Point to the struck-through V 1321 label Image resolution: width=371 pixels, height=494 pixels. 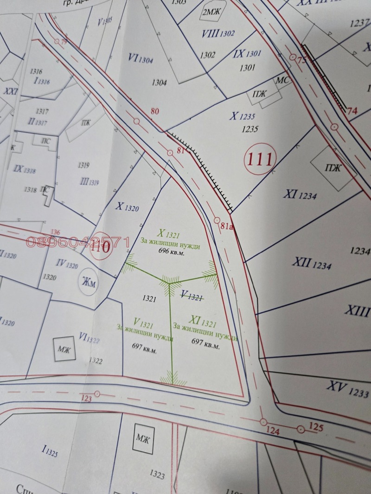(192, 295)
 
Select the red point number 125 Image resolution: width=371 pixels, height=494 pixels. (315, 427)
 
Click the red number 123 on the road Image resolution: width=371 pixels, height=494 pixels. (86, 398)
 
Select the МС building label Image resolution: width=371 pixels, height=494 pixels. (282, 81)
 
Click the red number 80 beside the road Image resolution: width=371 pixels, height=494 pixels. (154, 111)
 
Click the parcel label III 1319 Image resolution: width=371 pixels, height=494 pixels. (90, 182)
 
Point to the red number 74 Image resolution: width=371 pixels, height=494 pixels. (352, 111)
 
